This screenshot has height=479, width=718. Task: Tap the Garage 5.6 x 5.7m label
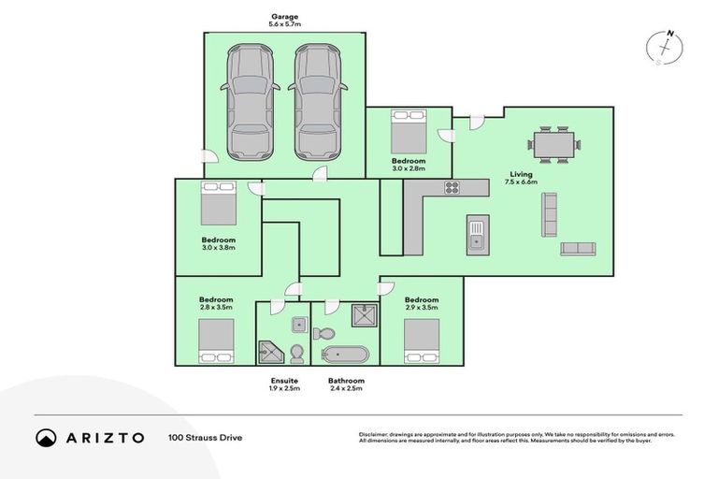pos(284,20)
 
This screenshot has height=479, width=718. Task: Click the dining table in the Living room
pos(553,145)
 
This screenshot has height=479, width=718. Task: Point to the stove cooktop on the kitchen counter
pos(452,187)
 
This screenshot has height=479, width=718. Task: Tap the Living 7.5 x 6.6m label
pos(521,178)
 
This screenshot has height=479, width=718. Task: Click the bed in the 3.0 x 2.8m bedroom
pos(408,131)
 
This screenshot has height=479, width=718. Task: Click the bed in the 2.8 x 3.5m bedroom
pos(215,341)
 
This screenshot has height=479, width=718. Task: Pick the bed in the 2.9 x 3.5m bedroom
pos(422,341)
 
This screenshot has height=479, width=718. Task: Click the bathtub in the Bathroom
pos(346,355)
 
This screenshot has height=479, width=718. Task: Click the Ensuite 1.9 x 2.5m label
pos(284,385)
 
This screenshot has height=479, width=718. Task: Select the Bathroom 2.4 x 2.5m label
pos(346,385)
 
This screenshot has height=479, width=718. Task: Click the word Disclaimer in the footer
pos(374,434)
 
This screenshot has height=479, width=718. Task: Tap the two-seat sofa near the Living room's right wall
pos(578,249)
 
